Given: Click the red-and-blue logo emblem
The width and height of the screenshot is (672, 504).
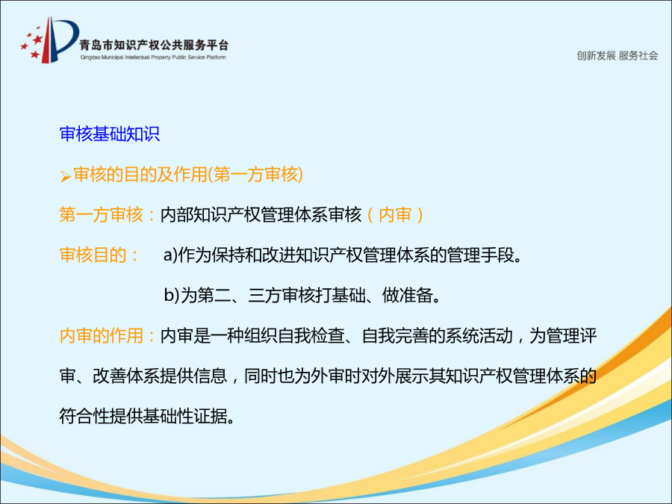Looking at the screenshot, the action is tap(49, 40).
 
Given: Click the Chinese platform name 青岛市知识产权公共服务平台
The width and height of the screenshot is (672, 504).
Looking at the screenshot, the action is tap(154, 45).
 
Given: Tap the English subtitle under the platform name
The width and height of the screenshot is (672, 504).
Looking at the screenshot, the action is tap(153, 57).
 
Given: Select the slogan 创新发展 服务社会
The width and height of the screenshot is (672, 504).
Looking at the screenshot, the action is tap(617, 56).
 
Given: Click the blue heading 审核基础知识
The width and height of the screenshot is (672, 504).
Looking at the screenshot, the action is tap(110, 134).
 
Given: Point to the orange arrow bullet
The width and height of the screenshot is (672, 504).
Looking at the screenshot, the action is tap(65, 176).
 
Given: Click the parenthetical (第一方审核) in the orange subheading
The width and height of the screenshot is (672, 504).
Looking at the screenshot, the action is tap(255, 175).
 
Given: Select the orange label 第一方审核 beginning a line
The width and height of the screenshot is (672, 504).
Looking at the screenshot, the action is tap(101, 215).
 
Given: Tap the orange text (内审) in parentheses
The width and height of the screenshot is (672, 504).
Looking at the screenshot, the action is tap(395, 215).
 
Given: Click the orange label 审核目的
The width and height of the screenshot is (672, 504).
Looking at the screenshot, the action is tap(93, 255).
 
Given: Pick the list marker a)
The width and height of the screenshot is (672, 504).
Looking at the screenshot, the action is tap(170, 255).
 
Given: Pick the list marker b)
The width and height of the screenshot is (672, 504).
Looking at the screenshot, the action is tap(171, 295).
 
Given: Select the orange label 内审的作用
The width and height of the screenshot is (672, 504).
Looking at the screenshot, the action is tap(101, 335).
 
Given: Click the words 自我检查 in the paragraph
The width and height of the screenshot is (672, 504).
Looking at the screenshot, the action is tap(311, 335).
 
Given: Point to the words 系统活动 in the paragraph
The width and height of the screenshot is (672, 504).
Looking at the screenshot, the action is tap(479, 335).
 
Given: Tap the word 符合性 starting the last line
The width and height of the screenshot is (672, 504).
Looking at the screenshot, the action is tap(84, 416).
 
